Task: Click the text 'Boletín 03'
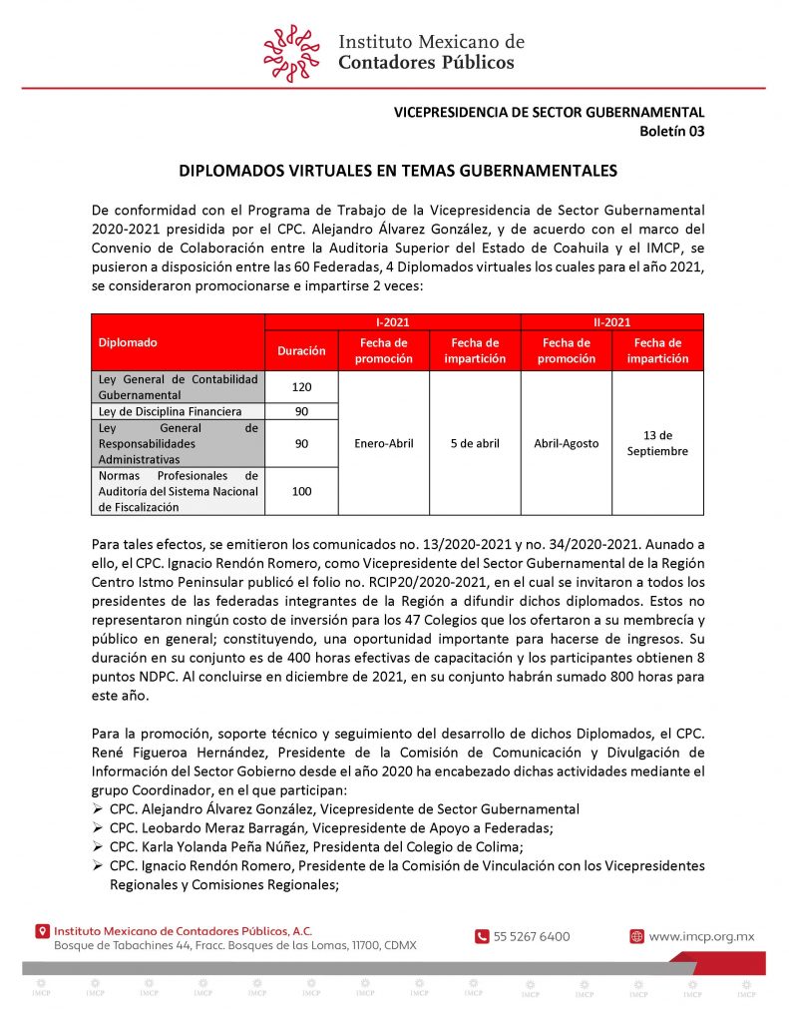[x=671, y=130]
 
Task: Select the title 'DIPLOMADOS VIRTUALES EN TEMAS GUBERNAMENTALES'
[x=398, y=171]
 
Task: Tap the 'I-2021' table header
[x=392, y=322]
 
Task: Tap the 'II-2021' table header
[x=611, y=322]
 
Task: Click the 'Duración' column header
[x=301, y=351]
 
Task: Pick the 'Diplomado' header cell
[x=128, y=342]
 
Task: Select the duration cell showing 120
[x=301, y=386]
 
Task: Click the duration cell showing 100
[x=301, y=492]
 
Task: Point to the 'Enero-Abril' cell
[x=384, y=443]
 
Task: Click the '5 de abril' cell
[x=475, y=443]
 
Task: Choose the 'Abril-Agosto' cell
[x=566, y=443]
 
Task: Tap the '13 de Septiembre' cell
[x=657, y=443]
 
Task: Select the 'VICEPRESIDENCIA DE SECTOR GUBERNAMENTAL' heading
[x=549, y=113]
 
